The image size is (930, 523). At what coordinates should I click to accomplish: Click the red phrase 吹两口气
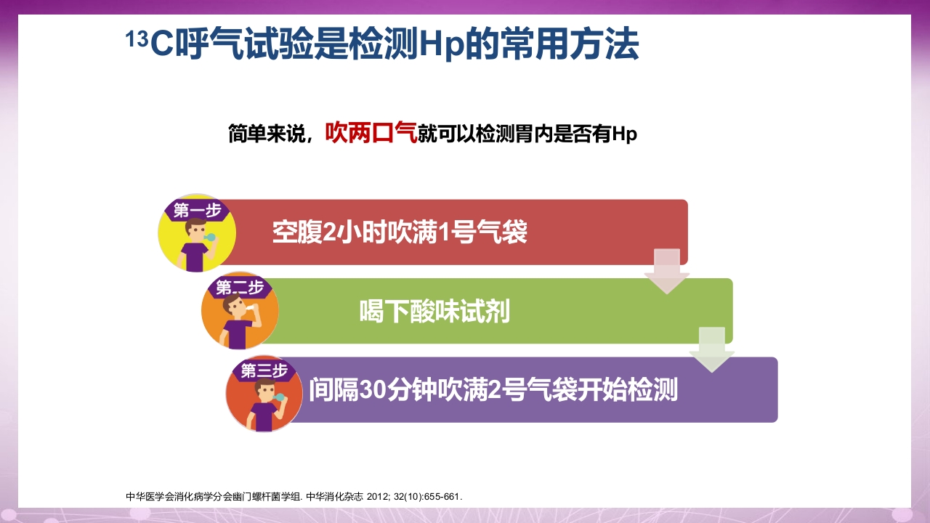[x=371, y=133]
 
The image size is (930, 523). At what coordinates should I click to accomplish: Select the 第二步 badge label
[x=239, y=288]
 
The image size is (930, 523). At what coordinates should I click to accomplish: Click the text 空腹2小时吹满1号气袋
[x=400, y=233]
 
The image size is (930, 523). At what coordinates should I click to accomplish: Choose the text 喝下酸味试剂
[x=434, y=312]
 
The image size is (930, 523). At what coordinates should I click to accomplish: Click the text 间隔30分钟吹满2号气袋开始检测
[x=493, y=390]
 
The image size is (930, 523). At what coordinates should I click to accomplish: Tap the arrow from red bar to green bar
[x=667, y=271]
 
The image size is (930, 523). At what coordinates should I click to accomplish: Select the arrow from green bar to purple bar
[x=711, y=349]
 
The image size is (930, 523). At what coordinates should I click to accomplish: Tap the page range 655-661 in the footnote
[x=443, y=497]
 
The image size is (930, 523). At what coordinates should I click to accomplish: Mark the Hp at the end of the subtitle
[x=625, y=134]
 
